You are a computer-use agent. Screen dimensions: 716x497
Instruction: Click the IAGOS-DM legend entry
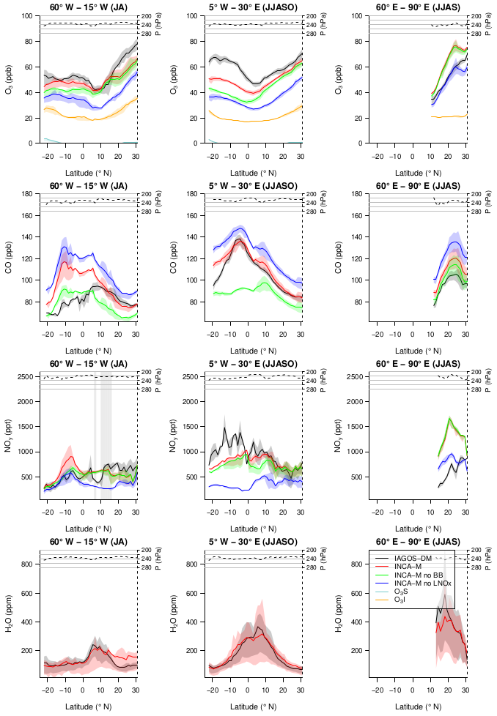pyautogui.click(x=413, y=558)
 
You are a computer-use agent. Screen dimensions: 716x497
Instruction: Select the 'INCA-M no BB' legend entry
pyautogui.click(x=419, y=575)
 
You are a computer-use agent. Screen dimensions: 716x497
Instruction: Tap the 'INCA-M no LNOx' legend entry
pyautogui.click(x=421, y=583)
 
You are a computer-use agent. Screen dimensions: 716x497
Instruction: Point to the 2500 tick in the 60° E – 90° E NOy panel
pyautogui.click(x=356, y=377)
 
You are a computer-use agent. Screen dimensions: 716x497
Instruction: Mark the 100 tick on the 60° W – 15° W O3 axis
pyautogui.click(x=27, y=16)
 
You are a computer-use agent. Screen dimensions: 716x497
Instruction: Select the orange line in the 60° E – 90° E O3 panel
pyautogui.click(x=440, y=116)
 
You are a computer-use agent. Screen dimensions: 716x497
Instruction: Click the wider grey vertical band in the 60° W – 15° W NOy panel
pyautogui.click(x=106, y=436)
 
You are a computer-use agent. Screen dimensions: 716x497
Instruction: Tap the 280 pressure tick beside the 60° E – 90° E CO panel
pyautogui.click(x=477, y=212)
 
